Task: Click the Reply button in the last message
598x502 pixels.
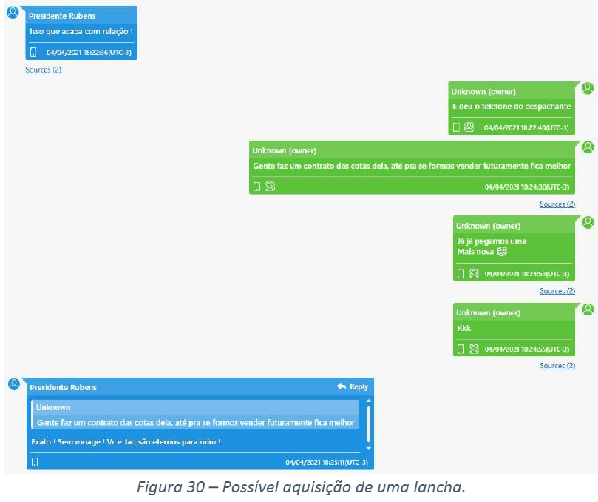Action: pyautogui.click(x=352, y=386)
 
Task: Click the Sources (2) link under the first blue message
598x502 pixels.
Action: pyautogui.click(x=43, y=70)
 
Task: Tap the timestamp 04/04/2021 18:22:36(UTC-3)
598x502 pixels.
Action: pyautogui.click(x=89, y=53)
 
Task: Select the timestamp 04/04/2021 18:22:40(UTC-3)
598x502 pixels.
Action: pyautogui.click(x=526, y=127)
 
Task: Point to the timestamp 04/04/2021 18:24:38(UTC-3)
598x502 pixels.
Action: pyautogui.click(x=527, y=187)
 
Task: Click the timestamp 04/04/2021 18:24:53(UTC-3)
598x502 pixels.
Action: pyautogui.click(x=527, y=274)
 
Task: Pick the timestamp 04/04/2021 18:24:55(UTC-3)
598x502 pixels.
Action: pyautogui.click(x=527, y=349)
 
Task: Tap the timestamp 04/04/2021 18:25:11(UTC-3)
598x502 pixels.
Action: pyautogui.click(x=326, y=463)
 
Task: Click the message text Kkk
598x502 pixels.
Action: pyautogui.click(x=463, y=328)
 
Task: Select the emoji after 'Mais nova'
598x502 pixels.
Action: pyautogui.click(x=502, y=252)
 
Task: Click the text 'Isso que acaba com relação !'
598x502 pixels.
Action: pyautogui.click(x=81, y=31)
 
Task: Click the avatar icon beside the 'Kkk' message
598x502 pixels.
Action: pyautogui.click(x=588, y=309)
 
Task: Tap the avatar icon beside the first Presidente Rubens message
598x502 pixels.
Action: pyautogui.click(x=13, y=12)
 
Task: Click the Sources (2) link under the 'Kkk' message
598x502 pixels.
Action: pyautogui.click(x=557, y=366)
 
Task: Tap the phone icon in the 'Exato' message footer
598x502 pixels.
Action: pyautogui.click(x=34, y=463)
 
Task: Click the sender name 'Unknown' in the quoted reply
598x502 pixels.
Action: pyautogui.click(x=53, y=407)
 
